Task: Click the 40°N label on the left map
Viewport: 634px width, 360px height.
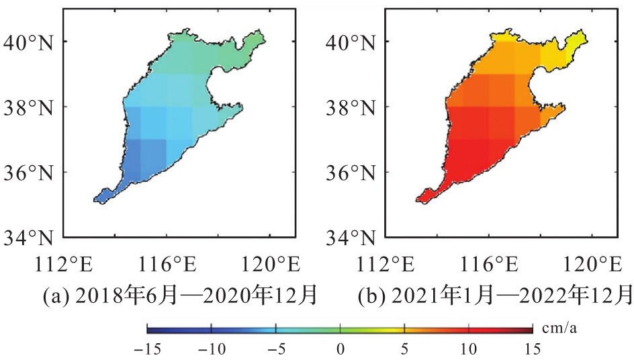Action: pos(32,42)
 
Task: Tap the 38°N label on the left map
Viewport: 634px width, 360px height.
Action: pos(32,107)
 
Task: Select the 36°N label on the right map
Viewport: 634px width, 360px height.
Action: pos(352,173)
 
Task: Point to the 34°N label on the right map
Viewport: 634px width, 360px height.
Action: pos(352,238)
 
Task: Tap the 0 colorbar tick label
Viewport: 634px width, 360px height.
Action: pos(341,349)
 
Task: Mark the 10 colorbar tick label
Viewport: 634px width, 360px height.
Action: pos(469,349)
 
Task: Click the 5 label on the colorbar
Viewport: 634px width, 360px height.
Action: pos(404,349)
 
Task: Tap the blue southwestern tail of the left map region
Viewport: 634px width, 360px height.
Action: pos(103,197)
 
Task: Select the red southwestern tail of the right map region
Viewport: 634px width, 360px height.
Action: pos(424,197)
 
